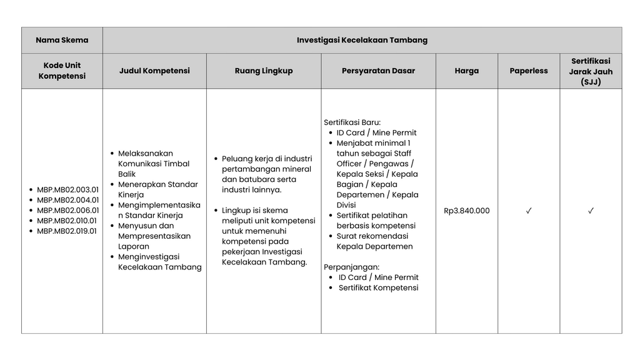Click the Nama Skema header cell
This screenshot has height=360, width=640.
(62, 40)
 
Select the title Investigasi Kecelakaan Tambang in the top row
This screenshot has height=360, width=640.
(362, 40)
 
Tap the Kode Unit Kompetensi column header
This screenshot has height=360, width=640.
(62, 71)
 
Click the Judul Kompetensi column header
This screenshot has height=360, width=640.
(154, 71)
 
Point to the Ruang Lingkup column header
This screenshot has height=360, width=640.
(264, 71)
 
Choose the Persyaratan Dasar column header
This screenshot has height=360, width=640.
(378, 71)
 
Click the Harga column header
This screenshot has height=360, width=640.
(466, 71)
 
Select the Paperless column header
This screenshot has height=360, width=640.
(528, 71)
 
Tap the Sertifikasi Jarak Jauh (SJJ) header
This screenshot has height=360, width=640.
(591, 71)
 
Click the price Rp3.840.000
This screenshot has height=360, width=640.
(466, 211)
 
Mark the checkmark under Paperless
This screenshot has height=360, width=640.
(529, 211)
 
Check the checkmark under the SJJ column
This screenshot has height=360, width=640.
(591, 211)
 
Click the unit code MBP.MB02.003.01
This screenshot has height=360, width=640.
(67, 190)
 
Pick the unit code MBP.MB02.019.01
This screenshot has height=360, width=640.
(67, 231)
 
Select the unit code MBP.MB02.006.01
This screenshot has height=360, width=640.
(67, 211)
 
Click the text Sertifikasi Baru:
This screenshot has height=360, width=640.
(352, 122)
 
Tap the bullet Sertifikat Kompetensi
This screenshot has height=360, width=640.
(378, 287)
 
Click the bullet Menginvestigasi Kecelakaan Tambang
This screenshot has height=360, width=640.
(159, 262)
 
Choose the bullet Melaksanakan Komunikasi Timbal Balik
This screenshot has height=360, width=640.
(154, 163)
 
